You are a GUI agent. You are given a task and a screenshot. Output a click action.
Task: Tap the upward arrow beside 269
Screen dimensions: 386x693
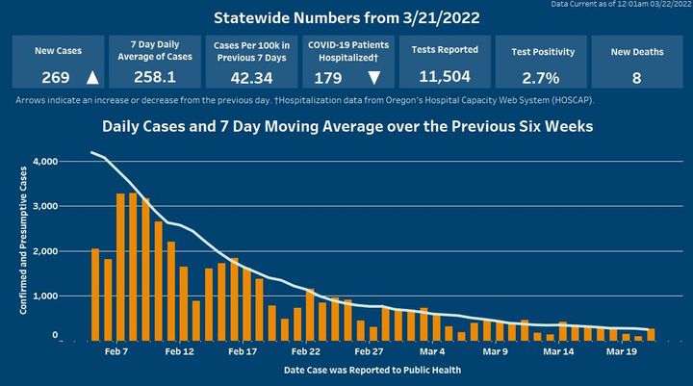click(x=91, y=77)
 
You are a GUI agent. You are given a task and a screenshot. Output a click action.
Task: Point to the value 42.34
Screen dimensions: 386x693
click(x=248, y=77)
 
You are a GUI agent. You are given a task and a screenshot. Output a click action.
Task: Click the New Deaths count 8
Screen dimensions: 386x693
click(x=636, y=77)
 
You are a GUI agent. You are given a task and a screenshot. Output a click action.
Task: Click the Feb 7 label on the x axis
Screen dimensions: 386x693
click(x=116, y=352)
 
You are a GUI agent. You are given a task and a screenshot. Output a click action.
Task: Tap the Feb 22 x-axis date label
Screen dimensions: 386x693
click(x=306, y=352)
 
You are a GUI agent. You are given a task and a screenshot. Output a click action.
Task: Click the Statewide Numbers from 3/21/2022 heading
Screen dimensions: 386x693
click(x=346, y=18)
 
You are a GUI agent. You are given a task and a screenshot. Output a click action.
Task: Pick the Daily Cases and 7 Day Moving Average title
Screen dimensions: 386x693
click(x=346, y=127)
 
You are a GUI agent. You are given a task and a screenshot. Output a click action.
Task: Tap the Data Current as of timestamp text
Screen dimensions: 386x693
click(x=620, y=5)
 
